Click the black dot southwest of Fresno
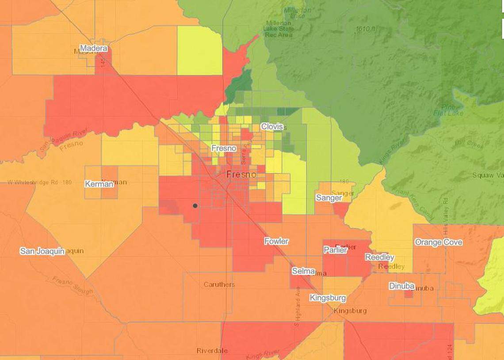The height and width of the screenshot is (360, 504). [195, 205]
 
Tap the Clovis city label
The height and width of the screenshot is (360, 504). [271, 126]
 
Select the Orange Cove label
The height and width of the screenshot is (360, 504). [438, 242]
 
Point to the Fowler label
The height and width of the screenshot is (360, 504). [276, 241]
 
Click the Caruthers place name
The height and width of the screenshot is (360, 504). [219, 284]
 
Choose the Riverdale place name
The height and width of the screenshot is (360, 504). [212, 351]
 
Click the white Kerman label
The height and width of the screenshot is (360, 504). [99, 184]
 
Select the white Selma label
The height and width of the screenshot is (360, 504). [303, 271]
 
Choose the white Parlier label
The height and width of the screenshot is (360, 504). [335, 250]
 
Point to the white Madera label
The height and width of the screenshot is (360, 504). [93, 48]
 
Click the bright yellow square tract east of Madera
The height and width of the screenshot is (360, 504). [199, 50]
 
